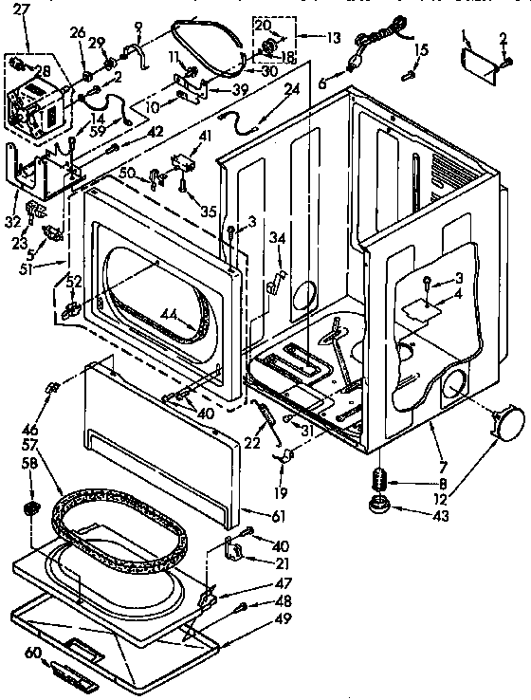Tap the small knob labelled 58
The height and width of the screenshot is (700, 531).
coord(31,512)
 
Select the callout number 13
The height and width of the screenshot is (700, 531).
coord(333,39)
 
